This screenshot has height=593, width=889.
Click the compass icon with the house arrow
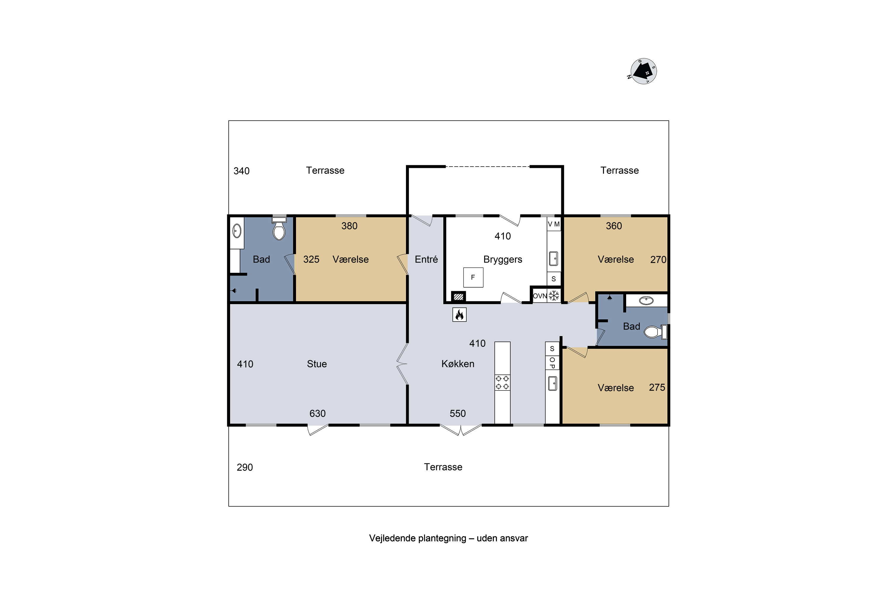643,71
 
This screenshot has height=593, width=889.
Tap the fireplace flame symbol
459,314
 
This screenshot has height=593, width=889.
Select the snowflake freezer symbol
554,295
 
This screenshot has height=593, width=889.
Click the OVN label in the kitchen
540,296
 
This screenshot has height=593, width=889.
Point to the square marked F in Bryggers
473,277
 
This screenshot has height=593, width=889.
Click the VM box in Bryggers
554,224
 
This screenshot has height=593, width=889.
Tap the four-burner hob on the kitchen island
502,382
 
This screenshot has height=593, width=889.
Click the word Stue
317,364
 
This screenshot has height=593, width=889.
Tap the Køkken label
458,364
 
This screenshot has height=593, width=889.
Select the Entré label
426,259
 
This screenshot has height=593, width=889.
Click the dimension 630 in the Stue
317,413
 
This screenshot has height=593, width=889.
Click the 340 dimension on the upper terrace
242,171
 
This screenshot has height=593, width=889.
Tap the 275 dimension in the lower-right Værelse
657,387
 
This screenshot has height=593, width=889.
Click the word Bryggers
503,259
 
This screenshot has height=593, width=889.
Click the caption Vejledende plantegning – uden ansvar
448,538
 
